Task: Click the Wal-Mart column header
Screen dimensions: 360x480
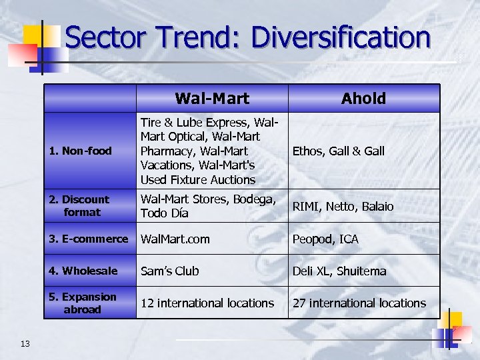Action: point(212,99)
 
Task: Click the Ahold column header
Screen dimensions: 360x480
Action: point(363,99)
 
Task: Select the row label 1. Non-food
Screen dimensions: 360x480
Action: point(81,151)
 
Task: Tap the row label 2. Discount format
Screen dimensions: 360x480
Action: point(79,205)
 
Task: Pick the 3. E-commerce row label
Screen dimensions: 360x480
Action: point(89,239)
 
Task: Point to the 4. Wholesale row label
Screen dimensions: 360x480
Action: point(83,271)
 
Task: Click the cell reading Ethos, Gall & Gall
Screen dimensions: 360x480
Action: point(339,151)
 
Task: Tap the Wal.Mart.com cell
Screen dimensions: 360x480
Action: point(175,239)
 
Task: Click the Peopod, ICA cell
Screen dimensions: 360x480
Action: point(325,239)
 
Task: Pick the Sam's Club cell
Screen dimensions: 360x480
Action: point(169,271)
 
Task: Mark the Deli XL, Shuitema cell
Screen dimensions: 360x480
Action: point(339,271)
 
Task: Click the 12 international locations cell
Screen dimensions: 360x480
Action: point(207,303)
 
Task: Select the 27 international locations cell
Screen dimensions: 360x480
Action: point(359,303)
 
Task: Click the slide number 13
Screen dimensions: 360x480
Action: point(25,343)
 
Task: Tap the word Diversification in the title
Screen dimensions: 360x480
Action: point(341,37)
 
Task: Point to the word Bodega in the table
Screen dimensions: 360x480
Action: point(251,199)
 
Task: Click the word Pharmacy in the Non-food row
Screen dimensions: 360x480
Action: point(167,151)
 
